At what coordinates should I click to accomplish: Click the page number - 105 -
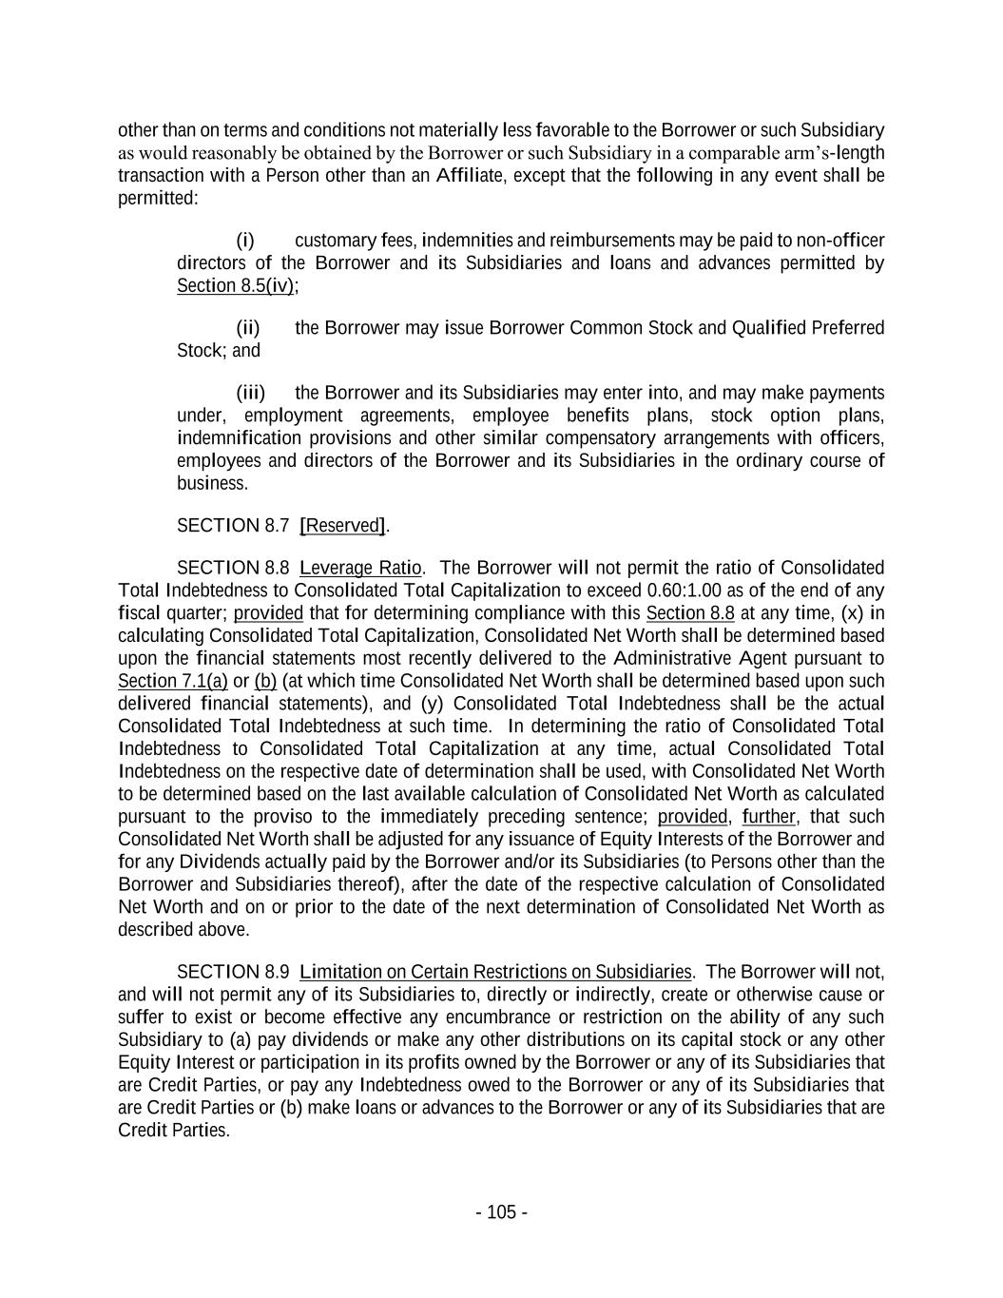tap(501, 1212)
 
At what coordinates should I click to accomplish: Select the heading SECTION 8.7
tap(233, 526)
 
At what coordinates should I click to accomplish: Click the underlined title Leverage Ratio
tap(361, 569)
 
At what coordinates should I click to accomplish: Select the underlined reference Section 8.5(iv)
tap(235, 286)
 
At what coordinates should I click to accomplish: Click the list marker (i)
tap(245, 241)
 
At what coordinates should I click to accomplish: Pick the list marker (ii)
tap(248, 328)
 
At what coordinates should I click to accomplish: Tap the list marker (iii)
tap(251, 393)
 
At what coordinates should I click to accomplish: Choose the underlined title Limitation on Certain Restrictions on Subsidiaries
tap(495, 972)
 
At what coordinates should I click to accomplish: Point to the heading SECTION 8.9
tap(233, 972)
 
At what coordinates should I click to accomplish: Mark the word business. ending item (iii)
tap(212, 483)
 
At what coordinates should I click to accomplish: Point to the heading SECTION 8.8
tap(233, 569)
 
